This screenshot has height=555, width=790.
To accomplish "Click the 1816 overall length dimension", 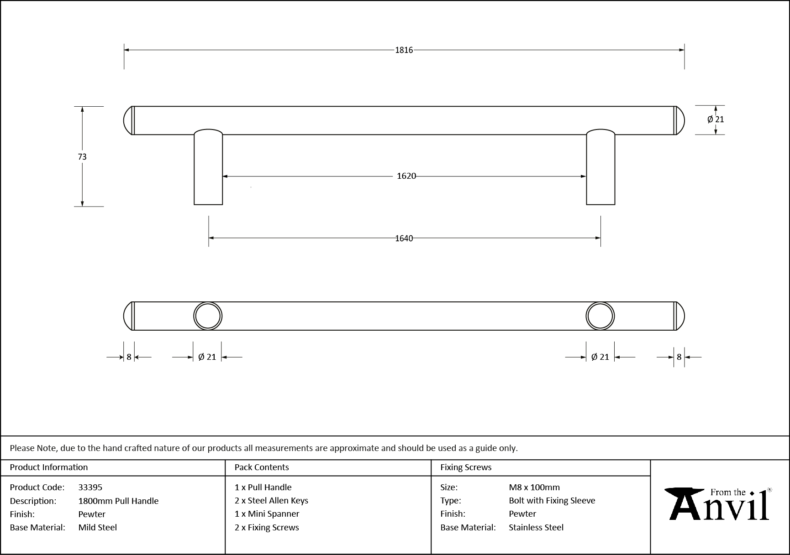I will (x=404, y=50).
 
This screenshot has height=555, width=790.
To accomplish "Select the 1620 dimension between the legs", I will (x=406, y=176).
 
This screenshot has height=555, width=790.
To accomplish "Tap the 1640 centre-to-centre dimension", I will (x=404, y=238).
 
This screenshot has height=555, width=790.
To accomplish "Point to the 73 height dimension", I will (x=82, y=156).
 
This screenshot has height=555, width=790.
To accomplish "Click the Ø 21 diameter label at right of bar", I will (x=716, y=119).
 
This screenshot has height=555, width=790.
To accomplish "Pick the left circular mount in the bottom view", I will (x=208, y=316).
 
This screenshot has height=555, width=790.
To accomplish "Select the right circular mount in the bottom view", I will (x=600, y=316).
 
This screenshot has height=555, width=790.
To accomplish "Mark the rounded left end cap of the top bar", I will (x=128, y=120).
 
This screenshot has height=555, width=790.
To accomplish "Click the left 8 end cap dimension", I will (x=129, y=357).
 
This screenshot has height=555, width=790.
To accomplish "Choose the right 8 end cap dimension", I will (x=679, y=357).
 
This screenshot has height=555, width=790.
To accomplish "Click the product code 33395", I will (x=90, y=487).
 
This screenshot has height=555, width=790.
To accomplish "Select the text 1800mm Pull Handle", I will (x=118, y=501).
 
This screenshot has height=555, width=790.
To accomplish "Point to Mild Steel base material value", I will (x=98, y=527).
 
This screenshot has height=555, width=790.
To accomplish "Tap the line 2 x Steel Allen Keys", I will (x=271, y=500).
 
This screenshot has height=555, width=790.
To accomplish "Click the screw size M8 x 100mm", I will (x=534, y=487).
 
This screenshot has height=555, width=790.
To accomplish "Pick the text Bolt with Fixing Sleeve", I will (x=552, y=500).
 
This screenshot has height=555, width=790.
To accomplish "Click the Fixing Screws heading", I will (x=466, y=467).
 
